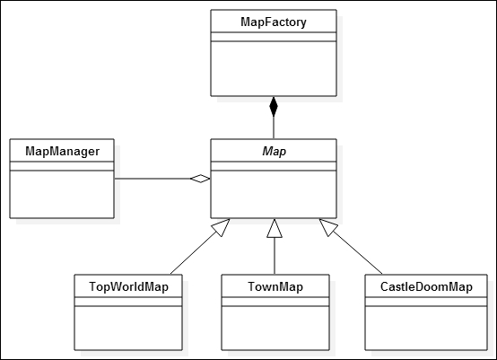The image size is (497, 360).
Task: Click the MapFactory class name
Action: click(274, 21)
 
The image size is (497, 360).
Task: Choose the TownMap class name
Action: click(274, 286)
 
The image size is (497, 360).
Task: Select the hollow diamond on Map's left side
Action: click(200, 179)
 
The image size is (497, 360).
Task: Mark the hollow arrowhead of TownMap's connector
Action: click(274, 228)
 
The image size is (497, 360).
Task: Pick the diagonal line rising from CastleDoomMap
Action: click(359, 252)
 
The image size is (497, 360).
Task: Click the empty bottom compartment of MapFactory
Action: click(274, 68)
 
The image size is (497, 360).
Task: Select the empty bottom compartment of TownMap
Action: click(274, 328)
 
